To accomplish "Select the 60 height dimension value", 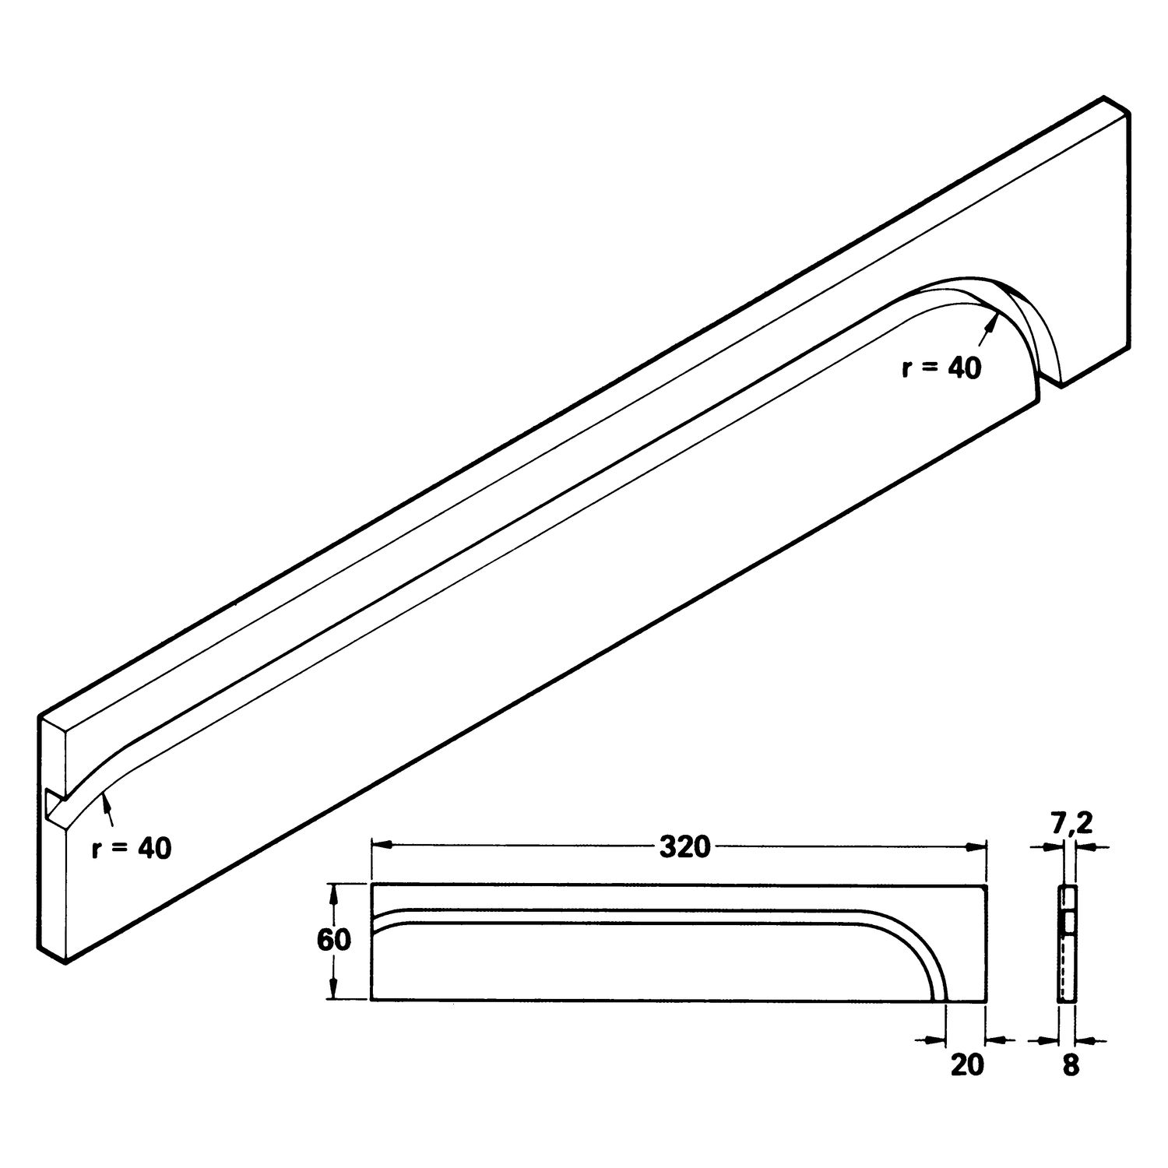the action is point(333,941).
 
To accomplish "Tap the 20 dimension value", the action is point(967,1064).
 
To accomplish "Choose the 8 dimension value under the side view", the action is point(1071,1065).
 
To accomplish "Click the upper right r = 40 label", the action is point(941,368).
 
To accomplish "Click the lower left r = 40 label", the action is point(130,848).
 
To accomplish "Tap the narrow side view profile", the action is point(1067,942).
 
